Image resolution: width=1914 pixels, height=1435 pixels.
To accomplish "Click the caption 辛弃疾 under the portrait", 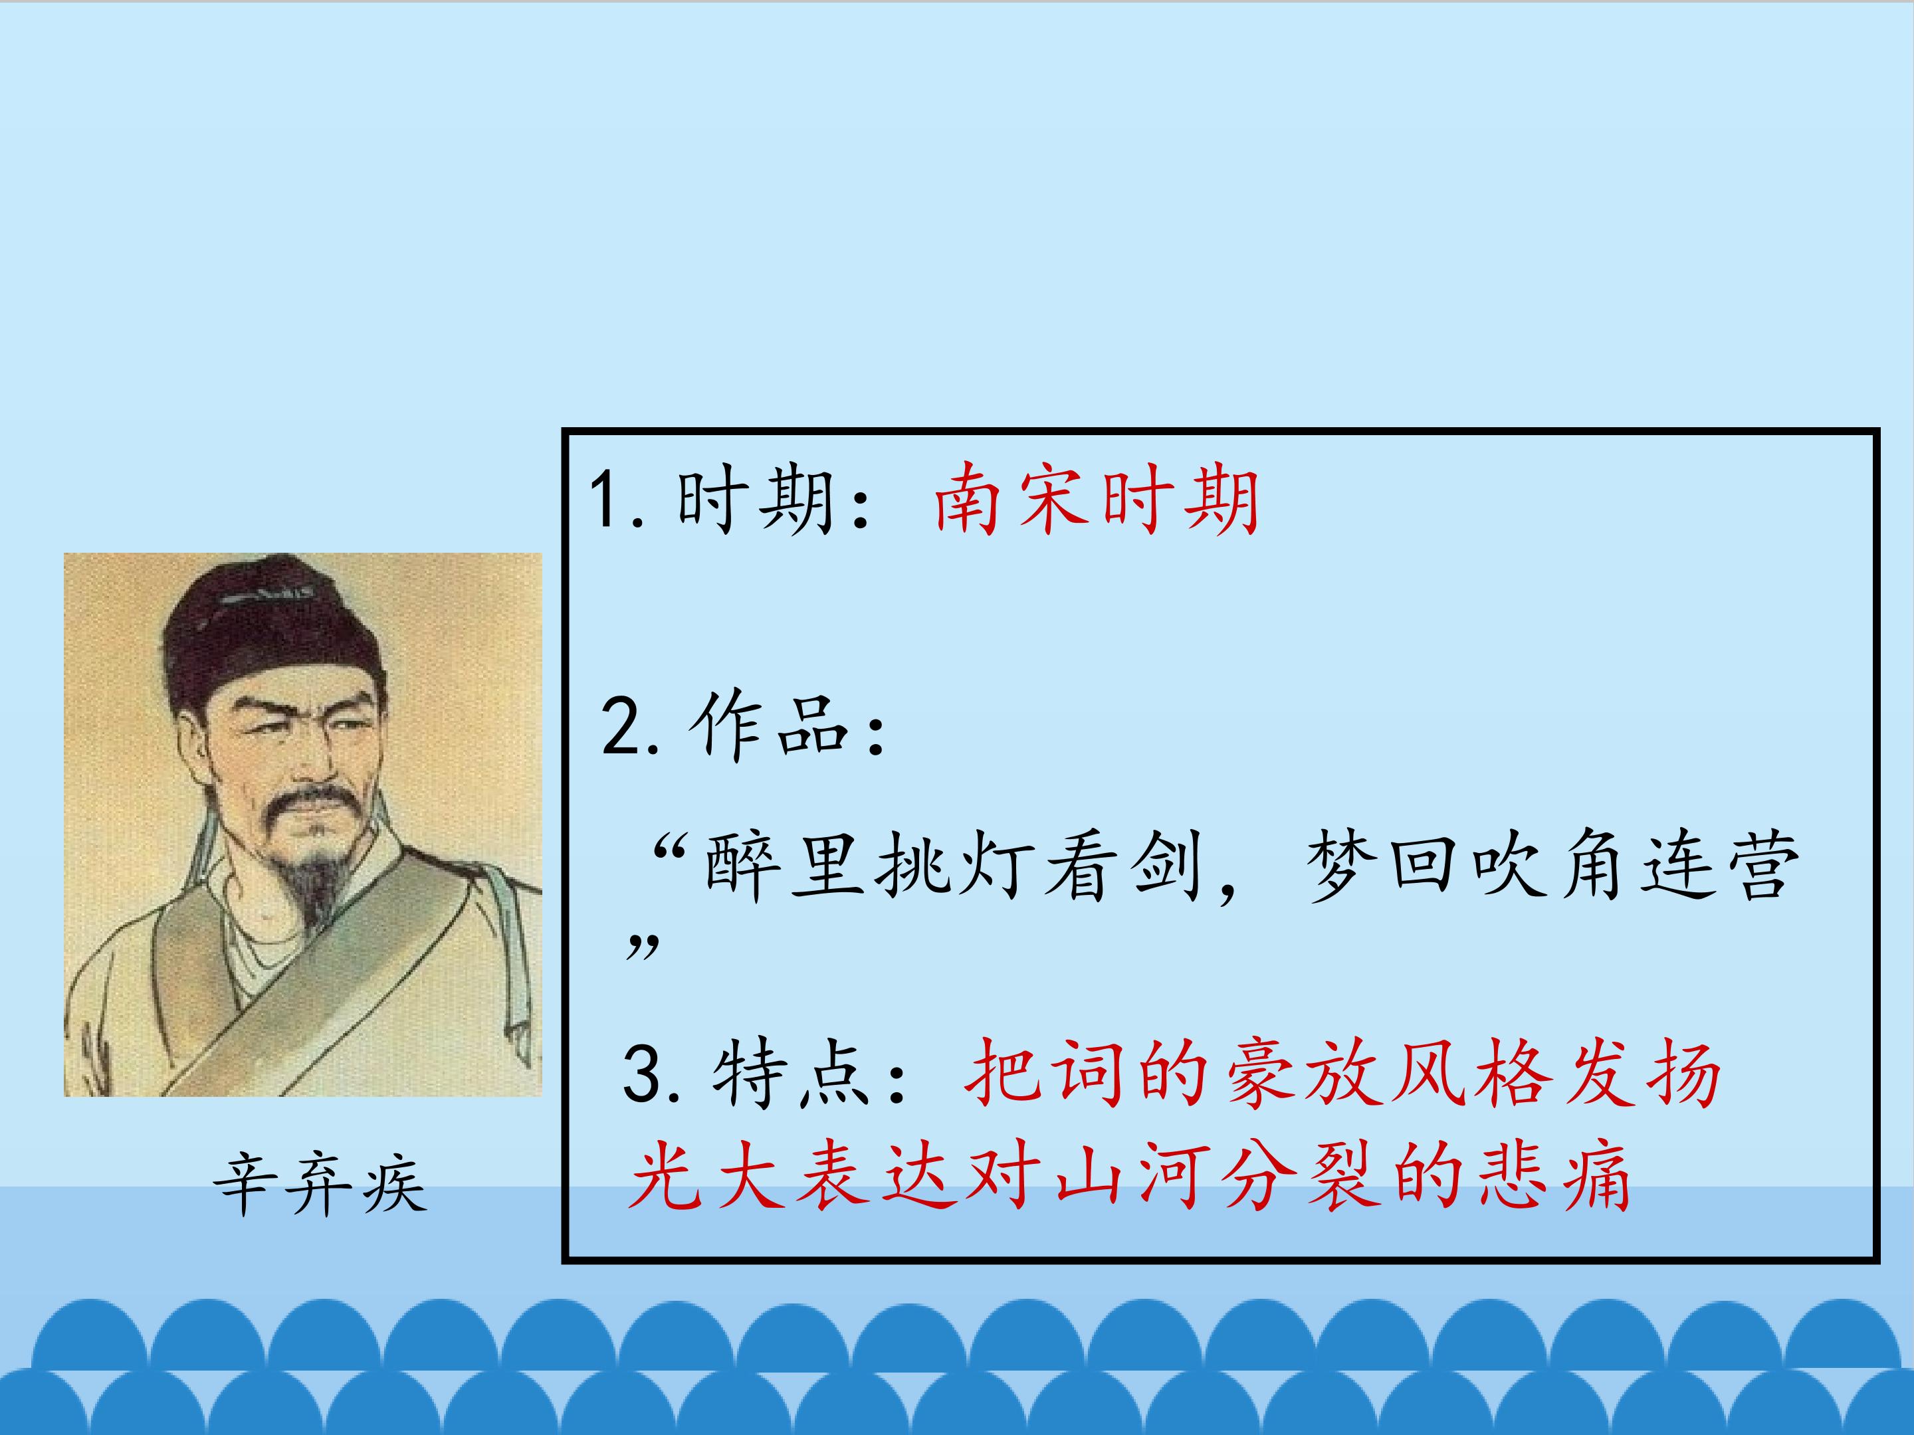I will coord(320,1183).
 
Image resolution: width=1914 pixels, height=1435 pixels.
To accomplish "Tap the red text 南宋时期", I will coord(1097,501).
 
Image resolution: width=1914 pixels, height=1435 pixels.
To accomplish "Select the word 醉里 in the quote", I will coord(784,867).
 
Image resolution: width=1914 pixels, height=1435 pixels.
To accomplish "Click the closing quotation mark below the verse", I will coord(642,947).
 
